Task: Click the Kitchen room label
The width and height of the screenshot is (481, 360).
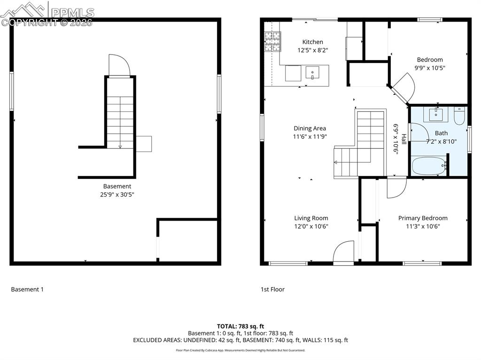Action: pyautogui.click(x=312, y=42)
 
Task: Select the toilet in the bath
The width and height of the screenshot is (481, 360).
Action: pyautogui.click(x=459, y=115)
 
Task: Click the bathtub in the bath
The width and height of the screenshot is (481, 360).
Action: pyautogui.click(x=428, y=166)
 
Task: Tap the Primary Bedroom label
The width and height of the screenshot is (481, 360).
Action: pyautogui.click(x=423, y=218)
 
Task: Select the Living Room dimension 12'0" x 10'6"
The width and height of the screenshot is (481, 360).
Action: pyautogui.click(x=311, y=226)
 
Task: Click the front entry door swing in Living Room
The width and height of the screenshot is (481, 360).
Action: pyautogui.click(x=343, y=251)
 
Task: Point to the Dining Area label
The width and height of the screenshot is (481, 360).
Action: pyautogui.click(x=310, y=128)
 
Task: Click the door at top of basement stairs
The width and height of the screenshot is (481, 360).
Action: pyautogui.click(x=119, y=65)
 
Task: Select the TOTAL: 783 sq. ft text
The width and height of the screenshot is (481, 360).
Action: pyautogui.click(x=240, y=326)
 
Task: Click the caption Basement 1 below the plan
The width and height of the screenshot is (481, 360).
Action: pyautogui.click(x=27, y=290)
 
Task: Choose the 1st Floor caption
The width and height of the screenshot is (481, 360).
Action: pyautogui.click(x=272, y=290)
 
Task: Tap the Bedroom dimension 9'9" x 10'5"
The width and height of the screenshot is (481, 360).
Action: pyautogui.click(x=430, y=68)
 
